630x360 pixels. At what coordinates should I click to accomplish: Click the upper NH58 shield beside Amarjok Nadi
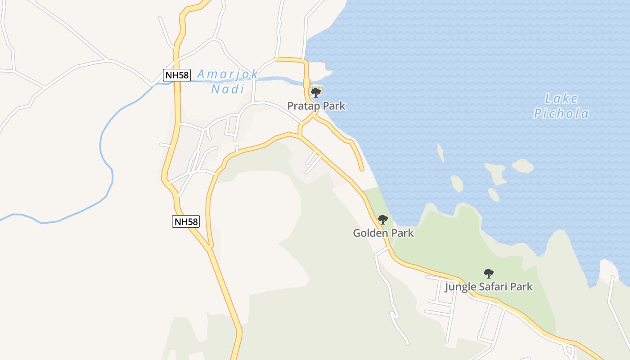pos(177,75)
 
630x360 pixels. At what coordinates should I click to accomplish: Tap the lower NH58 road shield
pos(186,221)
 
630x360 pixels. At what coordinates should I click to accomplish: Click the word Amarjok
pos(228,74)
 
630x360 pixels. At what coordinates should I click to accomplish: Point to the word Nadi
pos(228,89)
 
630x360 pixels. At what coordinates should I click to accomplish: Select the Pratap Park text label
pos(316,106)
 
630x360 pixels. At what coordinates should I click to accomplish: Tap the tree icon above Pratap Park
pos(316,93)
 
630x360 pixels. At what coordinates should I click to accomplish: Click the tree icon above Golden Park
pos(383,220)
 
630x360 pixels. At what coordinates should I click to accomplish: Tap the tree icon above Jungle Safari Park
pos(488,273)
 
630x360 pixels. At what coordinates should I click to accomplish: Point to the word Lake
pos(561,99)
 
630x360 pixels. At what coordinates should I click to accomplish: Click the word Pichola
pos(561,114)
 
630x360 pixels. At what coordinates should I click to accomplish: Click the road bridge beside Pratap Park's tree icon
pos(307,83)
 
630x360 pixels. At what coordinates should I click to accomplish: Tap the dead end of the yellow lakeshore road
pos(361,170)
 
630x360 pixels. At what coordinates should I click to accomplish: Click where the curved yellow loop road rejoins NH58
pos(209,247)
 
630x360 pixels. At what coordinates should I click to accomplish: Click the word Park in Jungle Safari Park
pos(522,287)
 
